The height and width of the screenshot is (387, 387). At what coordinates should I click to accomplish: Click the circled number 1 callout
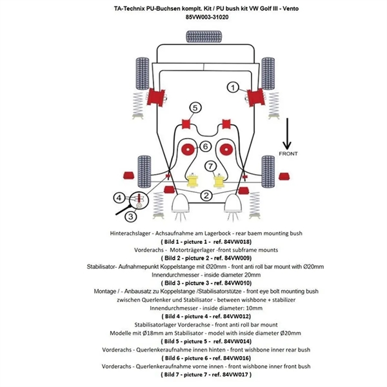coord(233,86)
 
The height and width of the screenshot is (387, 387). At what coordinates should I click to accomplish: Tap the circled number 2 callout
coord(206,195)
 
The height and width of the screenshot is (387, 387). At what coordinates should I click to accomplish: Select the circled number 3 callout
coord(130,216)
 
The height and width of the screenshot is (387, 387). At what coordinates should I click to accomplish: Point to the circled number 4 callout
coord(121,197)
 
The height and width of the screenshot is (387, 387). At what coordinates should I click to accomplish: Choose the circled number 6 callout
coord(204,146)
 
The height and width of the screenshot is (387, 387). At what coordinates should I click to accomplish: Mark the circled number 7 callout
coord(210,166)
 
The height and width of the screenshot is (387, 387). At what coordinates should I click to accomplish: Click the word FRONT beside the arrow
coord(288,154)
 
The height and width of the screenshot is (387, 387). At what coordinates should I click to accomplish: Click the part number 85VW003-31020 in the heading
coord(193,18)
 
